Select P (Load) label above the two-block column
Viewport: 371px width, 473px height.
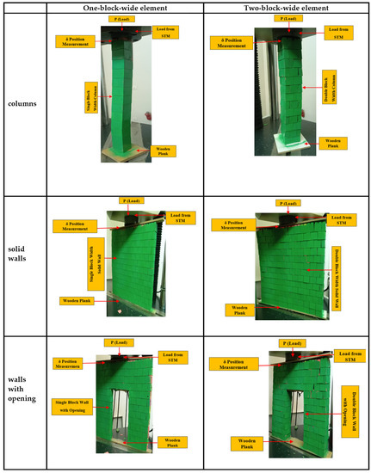pos(282,18)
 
